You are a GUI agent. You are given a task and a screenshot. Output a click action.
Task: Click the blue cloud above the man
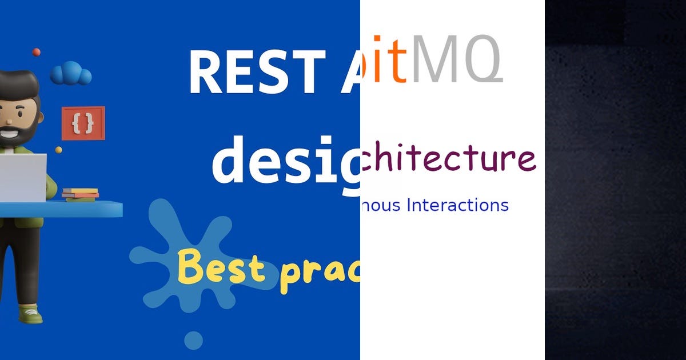(x=71, y=74)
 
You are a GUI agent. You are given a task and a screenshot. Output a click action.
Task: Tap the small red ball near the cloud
(x=37, y=52)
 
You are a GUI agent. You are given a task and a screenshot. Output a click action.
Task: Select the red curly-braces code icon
(x=83, y=123)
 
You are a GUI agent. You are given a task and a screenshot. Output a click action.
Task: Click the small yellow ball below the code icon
(x=58, y=150)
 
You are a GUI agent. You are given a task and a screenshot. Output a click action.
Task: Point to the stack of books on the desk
(x=80, y=194)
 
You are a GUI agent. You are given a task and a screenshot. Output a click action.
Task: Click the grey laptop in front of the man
(x=23, y=177)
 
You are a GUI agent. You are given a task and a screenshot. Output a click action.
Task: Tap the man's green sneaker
(x=30, y=313)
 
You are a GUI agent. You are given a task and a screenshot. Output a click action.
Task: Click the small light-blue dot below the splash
(x=193, y=340)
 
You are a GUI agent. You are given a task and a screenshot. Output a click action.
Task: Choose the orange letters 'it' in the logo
(x=389, y=60)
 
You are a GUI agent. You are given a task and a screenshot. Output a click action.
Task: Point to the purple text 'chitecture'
(x=449, y=158)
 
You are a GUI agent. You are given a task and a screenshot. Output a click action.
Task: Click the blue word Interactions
(x=457, y=205)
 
